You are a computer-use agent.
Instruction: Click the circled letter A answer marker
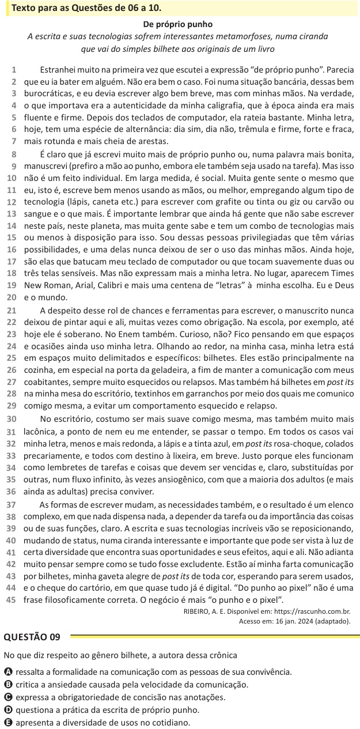point(7,672)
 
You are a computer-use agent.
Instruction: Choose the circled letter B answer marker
point(7,685)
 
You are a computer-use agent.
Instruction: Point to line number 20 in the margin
point(12,297)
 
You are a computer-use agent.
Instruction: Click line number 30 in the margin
point(12,418)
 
